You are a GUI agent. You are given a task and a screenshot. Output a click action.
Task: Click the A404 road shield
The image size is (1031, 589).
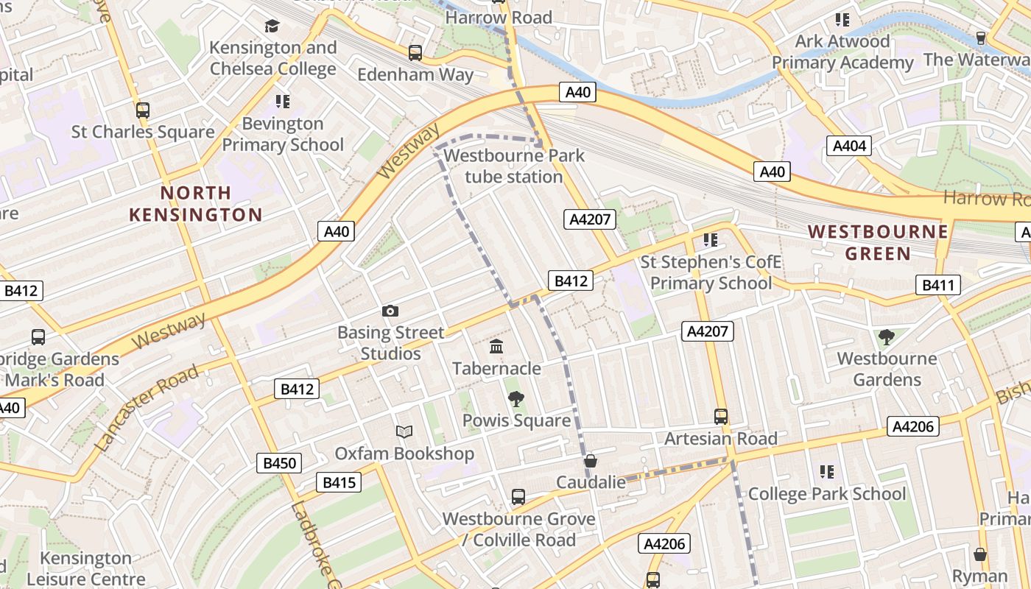[849, 146]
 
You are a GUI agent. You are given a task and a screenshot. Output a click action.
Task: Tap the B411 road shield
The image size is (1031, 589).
[938, 285]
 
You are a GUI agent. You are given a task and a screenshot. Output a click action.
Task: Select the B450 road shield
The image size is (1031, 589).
[279, 463]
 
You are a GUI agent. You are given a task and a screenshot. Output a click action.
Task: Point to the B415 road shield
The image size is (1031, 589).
[339, 483]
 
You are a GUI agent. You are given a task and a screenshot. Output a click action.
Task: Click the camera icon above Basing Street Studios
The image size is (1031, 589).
[390, 311]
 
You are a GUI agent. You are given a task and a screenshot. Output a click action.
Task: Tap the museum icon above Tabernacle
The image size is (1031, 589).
[496, 346]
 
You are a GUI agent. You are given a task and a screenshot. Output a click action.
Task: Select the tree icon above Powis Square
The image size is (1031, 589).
[516, 399]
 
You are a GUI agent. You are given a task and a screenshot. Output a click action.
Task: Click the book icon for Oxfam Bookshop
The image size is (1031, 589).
[404, 431]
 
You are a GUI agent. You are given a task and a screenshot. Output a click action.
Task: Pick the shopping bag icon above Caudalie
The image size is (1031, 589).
[590, 462]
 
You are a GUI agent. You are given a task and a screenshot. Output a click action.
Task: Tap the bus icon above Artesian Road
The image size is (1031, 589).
[721, 417]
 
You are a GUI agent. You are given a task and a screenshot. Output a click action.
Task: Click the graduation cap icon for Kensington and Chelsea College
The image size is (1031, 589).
[272, 27]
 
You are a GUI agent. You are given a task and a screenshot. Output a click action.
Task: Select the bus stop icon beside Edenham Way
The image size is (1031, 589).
[415, 53]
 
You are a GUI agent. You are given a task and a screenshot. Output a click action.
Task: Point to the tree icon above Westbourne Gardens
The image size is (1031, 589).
[887, 337]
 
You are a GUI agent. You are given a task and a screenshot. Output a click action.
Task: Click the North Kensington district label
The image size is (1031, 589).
[196, 204]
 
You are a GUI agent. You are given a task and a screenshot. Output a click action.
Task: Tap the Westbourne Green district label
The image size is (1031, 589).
[878, 242]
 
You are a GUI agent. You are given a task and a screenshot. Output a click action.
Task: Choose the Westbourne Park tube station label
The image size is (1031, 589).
[514, 166]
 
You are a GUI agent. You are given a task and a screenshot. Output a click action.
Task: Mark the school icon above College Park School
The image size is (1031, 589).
[826, 471]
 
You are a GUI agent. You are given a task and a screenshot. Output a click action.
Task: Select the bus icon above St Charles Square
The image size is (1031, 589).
[143, 110]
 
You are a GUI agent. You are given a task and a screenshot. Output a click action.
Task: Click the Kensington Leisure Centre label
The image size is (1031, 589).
[86, 568]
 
